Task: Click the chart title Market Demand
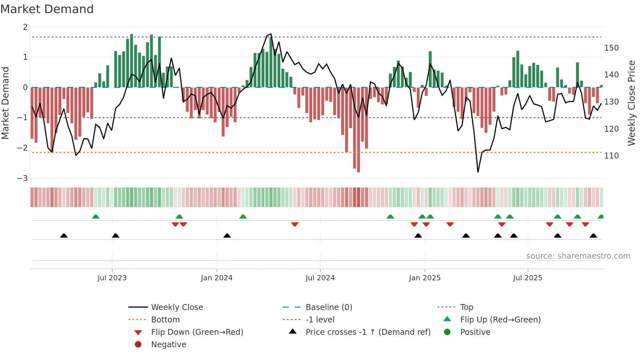[47, 9]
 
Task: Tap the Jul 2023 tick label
[112, 278]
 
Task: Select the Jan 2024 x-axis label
[216, 278]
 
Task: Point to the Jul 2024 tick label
[320, 278]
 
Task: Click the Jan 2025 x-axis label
[424, 278]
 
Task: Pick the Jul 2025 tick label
[527, 278]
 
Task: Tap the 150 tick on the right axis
[611, 48]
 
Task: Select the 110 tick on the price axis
[611, 156]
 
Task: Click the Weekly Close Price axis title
[632, 103]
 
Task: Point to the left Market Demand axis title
[5, 103]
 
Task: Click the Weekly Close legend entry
[177, 307]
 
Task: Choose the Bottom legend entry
[165, 320]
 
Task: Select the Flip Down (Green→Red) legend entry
[197, 332]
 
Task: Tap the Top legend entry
[467, 307]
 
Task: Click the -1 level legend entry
[320, 320]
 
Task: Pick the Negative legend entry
[168, 345]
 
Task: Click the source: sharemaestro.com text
[578, 256]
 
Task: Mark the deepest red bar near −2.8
[359, 131]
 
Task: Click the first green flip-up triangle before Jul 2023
[96, 217]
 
